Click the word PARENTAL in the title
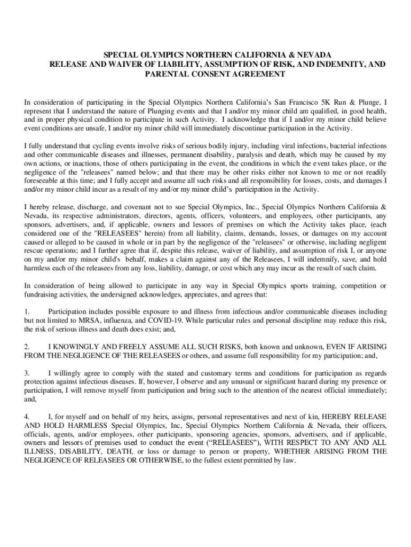(164, 74)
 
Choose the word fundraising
(43, 294)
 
